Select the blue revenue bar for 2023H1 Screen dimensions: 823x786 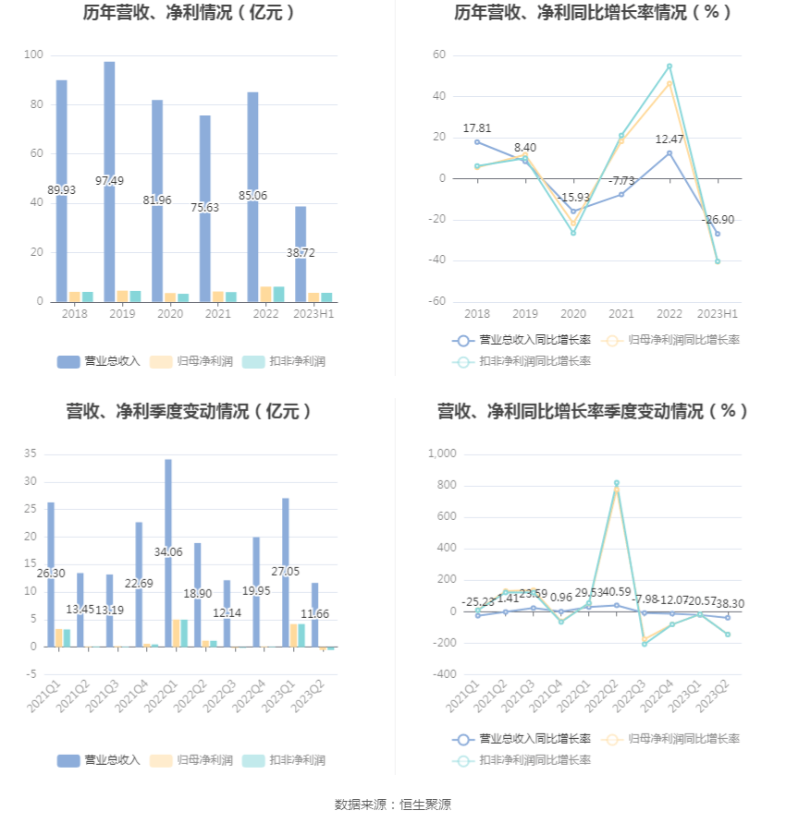tap(301, 268)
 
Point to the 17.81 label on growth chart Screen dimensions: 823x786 tap(477, 128)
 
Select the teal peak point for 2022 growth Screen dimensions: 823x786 tap(669, 67)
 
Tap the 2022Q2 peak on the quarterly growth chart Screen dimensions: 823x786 tap(617, 483)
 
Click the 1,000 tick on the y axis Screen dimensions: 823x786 tap(442, 454)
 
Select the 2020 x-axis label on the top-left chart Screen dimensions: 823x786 tap(169, 314)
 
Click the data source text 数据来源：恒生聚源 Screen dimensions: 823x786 tap(393, 805)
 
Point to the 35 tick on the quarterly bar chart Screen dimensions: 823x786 tap(31, 454)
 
